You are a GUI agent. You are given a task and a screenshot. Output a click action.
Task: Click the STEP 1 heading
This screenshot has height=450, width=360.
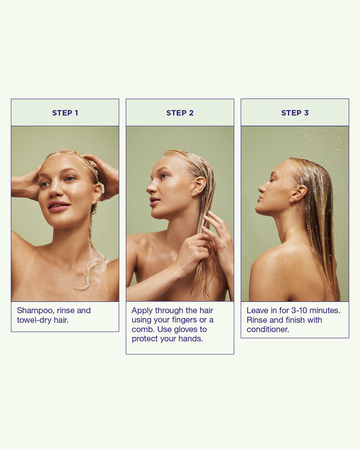65,113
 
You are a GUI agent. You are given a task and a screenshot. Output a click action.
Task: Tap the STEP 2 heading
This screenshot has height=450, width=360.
180,113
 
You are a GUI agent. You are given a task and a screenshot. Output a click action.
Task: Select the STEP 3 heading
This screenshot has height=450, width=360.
295,113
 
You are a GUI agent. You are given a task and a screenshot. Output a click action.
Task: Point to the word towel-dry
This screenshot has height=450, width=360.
34,320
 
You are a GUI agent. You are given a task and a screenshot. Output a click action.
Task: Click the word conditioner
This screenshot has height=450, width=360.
268,329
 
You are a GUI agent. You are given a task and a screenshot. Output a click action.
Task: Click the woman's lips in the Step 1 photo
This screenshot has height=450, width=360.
59,207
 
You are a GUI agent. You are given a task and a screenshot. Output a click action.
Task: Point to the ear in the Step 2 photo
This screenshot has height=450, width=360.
199,186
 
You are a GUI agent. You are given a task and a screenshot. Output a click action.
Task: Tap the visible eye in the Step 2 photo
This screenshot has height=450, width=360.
164,176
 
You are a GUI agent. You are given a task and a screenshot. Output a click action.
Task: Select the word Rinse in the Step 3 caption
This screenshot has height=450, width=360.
256,320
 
